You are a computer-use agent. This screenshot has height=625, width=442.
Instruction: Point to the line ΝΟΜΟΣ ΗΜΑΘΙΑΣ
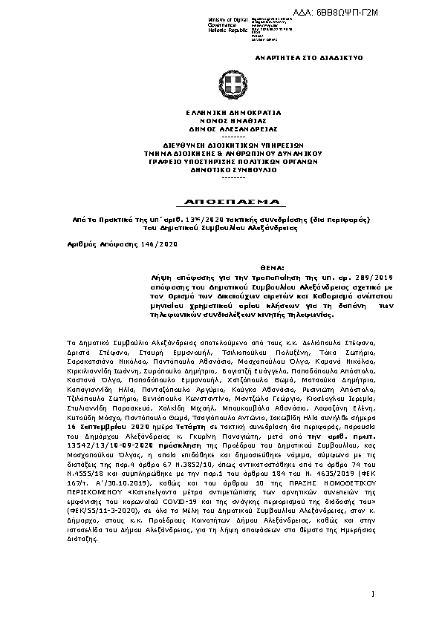pyautogui.click(x=223, y=120)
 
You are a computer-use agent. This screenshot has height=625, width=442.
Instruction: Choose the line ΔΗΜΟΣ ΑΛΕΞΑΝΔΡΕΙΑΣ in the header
pyautogui.click(x=223, y=128)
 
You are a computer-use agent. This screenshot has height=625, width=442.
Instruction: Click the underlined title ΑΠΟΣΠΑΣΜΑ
pyautogui.click(x=223, y=202)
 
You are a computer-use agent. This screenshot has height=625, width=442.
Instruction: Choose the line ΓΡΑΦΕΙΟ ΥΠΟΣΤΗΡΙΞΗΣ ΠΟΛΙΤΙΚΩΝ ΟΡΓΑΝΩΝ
pyautogui.click(x=223, y=161)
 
